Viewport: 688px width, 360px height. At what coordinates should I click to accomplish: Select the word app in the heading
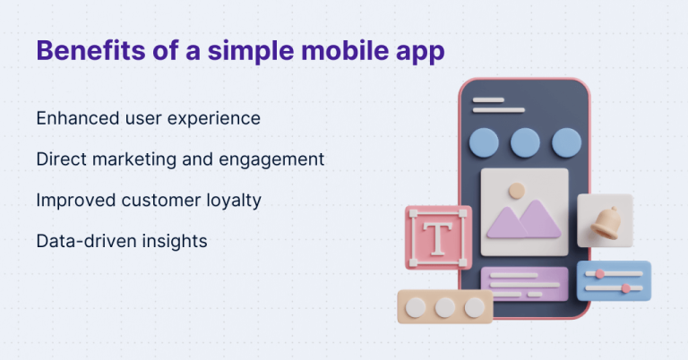pos(419,51)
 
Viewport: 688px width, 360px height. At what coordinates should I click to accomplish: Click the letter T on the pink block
pos(437,237)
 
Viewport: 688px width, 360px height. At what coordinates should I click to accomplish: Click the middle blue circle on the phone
pos(525,142)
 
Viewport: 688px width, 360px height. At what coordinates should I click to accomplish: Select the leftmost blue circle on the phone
pos(485,142)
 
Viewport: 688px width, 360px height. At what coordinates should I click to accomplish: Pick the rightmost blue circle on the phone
pos(566,142)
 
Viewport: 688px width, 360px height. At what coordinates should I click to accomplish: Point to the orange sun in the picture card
pos(515,190)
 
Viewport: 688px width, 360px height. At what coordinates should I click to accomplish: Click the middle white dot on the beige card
pos(444,307)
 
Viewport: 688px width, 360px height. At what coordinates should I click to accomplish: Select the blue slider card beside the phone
pos(614,280)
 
